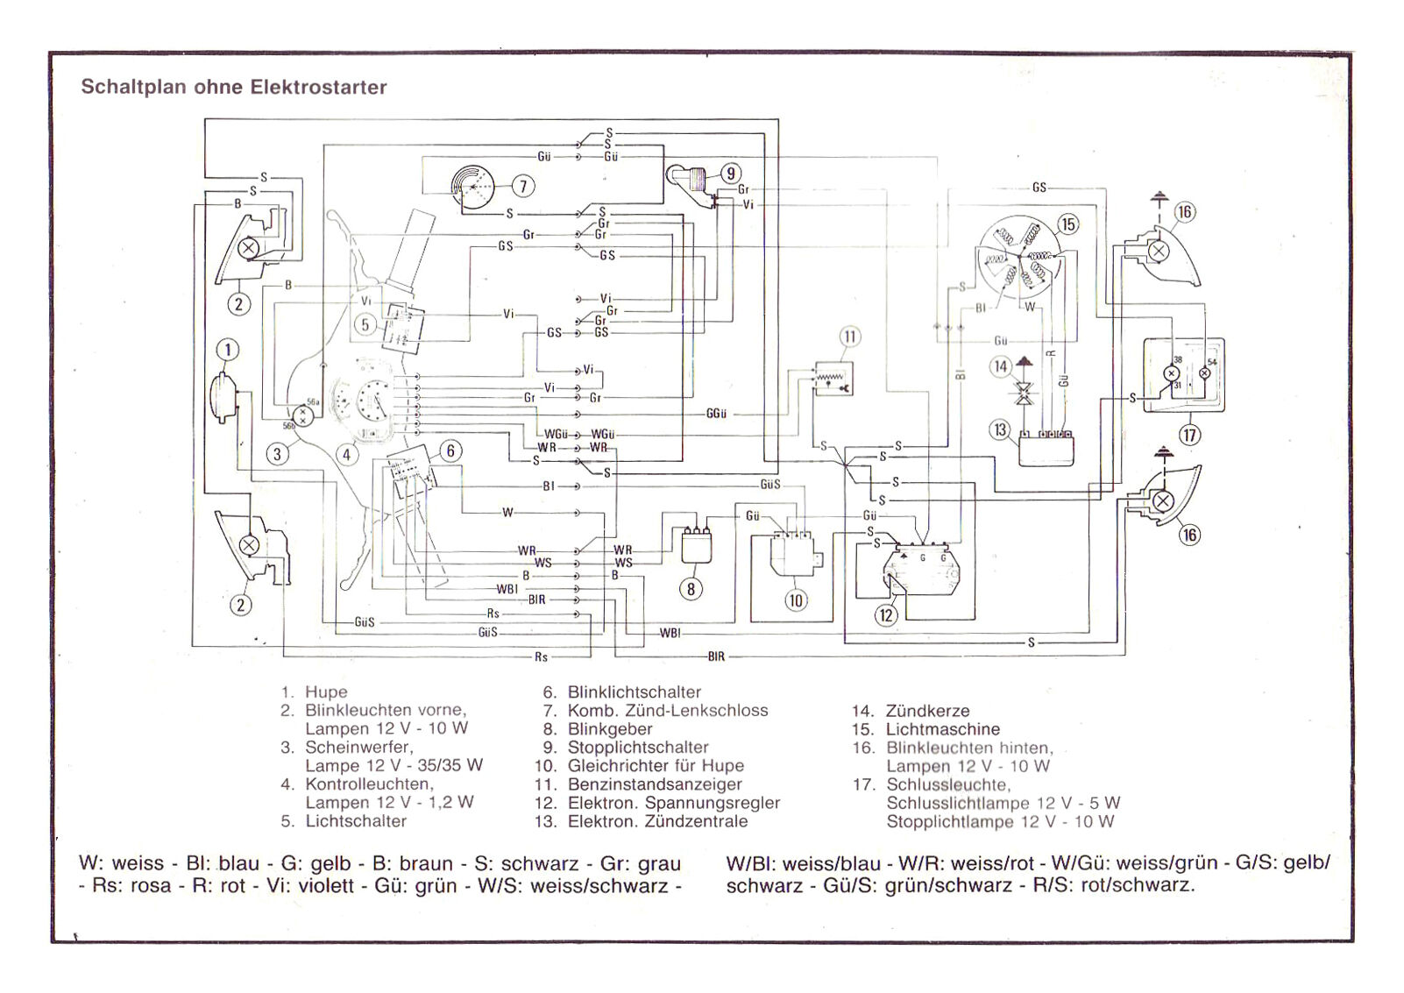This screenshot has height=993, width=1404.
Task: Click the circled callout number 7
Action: [523, 186]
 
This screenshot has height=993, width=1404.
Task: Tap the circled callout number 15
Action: [1067, 224]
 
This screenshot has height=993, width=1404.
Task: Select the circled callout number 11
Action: [849, 337]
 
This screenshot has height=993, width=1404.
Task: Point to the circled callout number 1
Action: [228, 351]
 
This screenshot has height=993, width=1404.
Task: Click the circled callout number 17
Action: [1189, 435]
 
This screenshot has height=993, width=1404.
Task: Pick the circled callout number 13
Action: [1001, 430]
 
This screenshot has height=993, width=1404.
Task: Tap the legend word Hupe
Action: [326, 692]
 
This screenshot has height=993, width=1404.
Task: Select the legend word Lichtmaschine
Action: [942, 729]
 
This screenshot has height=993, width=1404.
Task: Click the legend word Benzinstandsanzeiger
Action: [655, 784]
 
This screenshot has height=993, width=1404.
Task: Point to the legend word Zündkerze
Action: [927, 711]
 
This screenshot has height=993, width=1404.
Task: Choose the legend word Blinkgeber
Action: [610, 729]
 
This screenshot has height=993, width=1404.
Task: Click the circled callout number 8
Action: [691, 589]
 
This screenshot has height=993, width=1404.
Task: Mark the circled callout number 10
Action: [796, 600]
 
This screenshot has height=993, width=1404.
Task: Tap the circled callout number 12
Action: [886, 615]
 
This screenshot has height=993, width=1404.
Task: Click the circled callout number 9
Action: [730, 174]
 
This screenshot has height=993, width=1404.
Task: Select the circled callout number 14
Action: [1001, 366]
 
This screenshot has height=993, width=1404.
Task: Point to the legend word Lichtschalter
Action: [356, 821]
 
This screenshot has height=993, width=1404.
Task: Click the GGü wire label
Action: [716, 414]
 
